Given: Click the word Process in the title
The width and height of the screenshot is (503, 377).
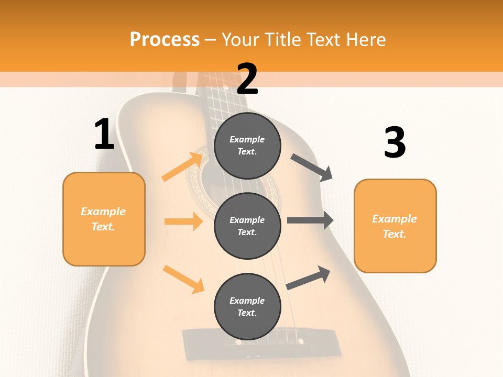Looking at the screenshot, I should click(x=165, y=40).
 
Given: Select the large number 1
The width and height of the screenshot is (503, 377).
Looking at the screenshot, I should click(x=104, y=135).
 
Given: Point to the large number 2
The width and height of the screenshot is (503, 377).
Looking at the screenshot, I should click(x=247, y=79).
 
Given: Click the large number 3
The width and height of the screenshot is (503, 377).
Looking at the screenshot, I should click(x=395, y=142).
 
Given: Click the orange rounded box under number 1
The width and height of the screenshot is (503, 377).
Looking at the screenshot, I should click(x=104, y=219).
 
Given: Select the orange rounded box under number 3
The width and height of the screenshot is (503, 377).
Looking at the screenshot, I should click(x=395, y=226).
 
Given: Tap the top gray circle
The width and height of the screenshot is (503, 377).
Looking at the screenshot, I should click(x=247, y=146).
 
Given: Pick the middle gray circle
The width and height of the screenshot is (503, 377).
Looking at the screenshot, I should click(x=247, y=226).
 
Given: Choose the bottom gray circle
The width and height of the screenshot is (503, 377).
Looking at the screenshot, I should click(x=247, y=306).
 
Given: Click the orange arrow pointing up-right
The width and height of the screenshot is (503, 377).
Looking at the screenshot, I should click(x=183, y=167).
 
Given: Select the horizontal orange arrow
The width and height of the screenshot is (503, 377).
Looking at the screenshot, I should click(x=183, y=221).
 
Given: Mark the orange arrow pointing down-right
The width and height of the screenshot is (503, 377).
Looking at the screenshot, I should click(x=183, y=279).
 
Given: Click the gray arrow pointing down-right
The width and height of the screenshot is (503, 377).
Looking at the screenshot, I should click(x=312, y=168).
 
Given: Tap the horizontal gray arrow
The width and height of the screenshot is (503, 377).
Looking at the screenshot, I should click(x=310, y=220).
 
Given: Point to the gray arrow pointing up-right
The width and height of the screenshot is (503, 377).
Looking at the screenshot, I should click(x=308, y=278).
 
